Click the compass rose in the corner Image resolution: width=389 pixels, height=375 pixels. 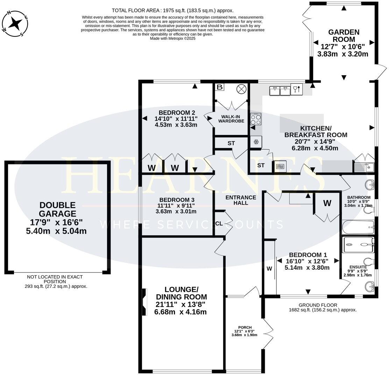(15, 23)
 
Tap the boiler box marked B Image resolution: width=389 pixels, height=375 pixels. (219, 87)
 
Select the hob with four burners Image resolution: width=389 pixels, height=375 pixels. (256, 120)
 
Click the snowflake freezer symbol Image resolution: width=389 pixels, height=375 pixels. (256, 142)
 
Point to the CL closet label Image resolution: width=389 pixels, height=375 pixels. (219, 224)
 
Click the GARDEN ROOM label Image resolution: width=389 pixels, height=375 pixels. (339, 36)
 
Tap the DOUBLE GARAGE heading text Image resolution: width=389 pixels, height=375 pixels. (58, 209)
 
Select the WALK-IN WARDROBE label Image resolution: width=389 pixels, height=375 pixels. (231, 119)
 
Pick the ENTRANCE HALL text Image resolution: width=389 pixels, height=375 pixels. (241, 200)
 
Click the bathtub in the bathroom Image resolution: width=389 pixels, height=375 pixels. (358, 227)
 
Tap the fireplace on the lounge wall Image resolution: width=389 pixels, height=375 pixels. (144, 302)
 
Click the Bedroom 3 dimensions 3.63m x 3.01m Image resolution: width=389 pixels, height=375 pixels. (176, 211)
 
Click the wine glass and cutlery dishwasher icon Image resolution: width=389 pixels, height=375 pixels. (296, 90)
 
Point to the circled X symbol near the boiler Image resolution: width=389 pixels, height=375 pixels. (241, 89)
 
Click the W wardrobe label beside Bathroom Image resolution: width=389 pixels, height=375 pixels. (327, 204)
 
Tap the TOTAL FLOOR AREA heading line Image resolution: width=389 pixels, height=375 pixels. (172, 10)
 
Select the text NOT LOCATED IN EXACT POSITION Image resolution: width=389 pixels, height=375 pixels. (55, 279)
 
